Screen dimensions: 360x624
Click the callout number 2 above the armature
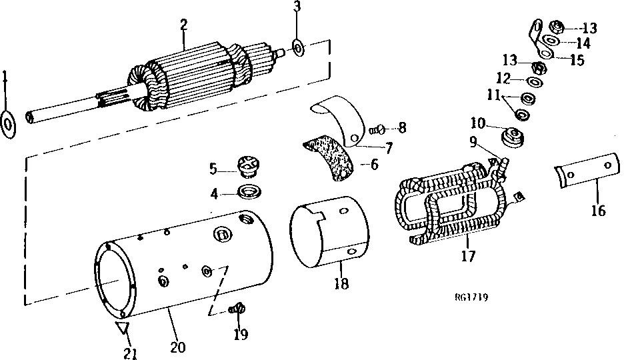point(183,25)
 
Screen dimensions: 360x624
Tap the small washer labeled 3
point(298,47)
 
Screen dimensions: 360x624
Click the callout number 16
point(598,211)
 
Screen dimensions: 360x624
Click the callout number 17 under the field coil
point(469,255)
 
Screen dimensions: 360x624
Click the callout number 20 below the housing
point(177,347)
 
